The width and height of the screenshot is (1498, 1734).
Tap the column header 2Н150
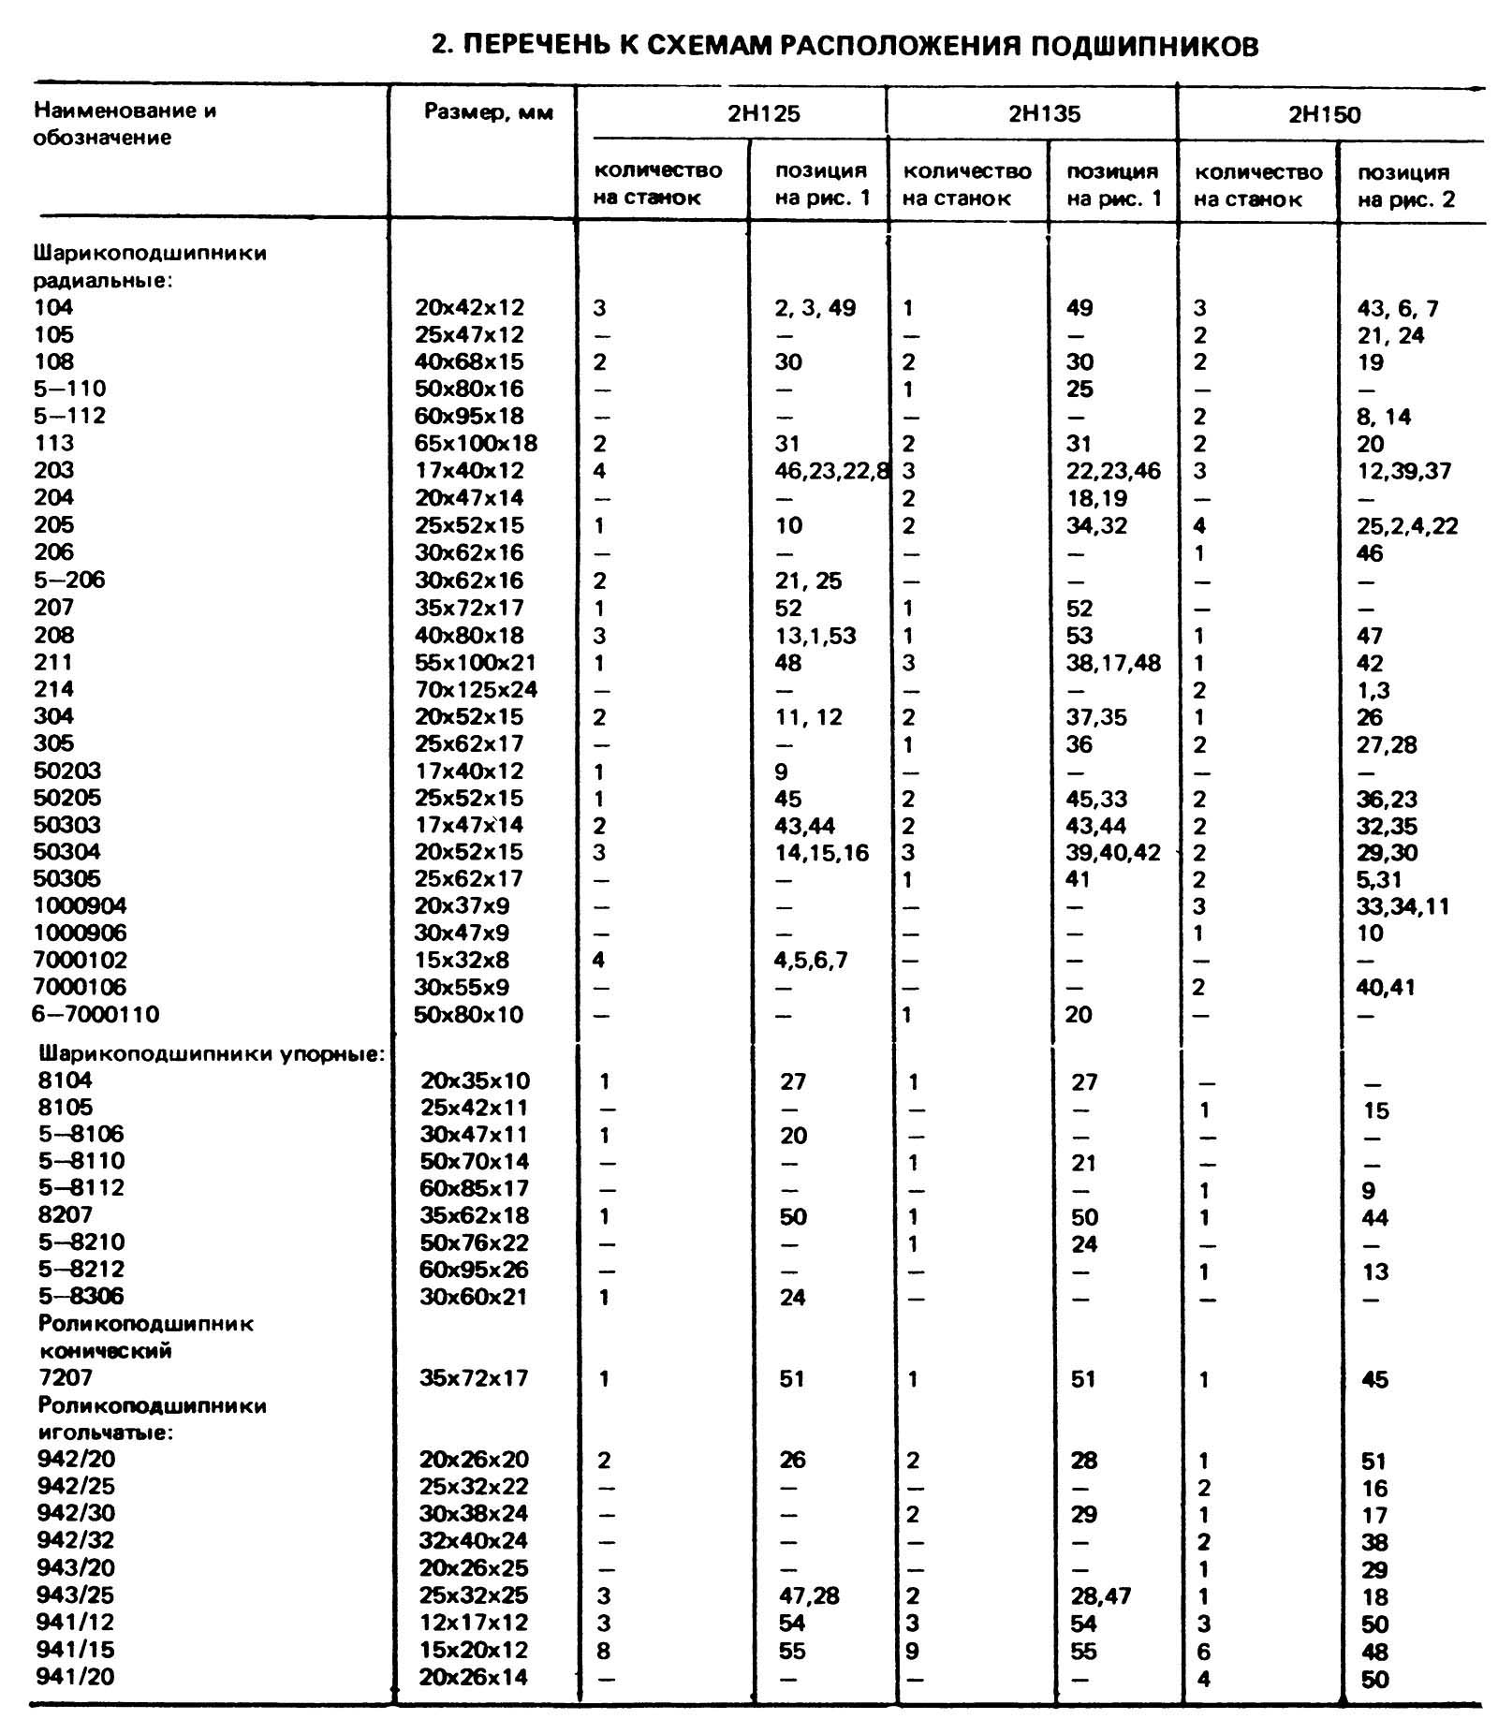[x=1324, y=115]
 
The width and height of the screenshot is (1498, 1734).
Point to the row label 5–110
[x=70, y=389]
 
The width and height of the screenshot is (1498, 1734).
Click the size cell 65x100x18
[x=477, y=443]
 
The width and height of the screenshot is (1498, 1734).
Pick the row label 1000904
[x=81, y=905]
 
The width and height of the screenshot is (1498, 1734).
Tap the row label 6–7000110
[x=97, y=1014]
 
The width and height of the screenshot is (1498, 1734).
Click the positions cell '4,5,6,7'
[x=811, y=960]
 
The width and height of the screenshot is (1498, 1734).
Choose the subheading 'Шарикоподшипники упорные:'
[x=212, y=1053]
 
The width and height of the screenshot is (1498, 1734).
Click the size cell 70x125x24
[x=477, y=689]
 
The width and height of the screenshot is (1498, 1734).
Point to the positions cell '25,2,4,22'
[x=1407, y=525]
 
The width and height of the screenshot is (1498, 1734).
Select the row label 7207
[x=66, y=1377]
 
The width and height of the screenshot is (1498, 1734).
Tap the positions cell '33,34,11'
[x=1403, y=906]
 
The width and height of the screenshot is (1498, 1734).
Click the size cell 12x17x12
[x=474, y=1623]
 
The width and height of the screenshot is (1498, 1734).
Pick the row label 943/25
[x=76, y=1594]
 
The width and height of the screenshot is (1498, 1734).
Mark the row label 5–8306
[x=81, y=1296]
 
